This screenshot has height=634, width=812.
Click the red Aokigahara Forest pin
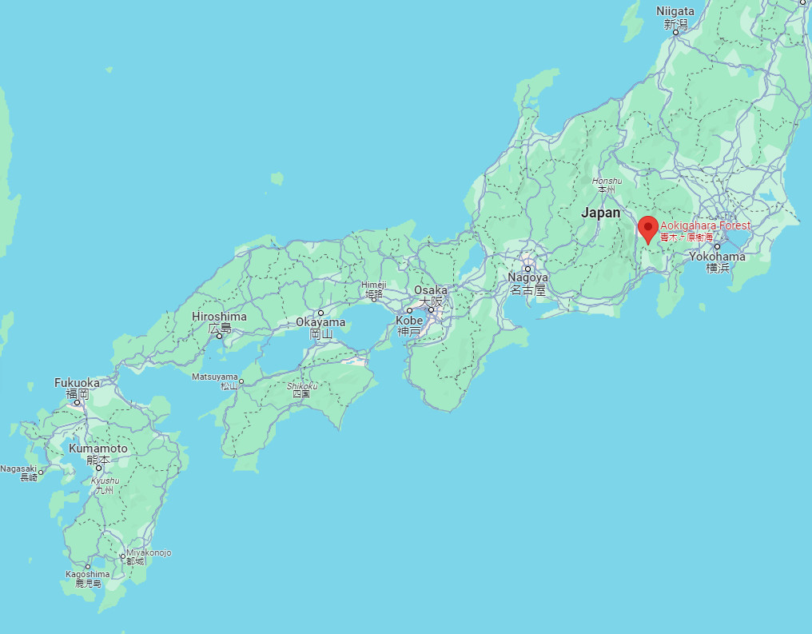pyautogui.click(x=648, y=229)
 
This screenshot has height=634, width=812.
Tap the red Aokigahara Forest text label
pyautogui.click(x=705, y=226)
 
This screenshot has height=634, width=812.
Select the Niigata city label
pyautogui.click(x=675, y=11)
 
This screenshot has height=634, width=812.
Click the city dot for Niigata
pyautogui.click(x=675, y=32)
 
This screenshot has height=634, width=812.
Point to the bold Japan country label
pyautogui.click(x=600, y=213)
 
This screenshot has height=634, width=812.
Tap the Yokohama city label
pyautogui.click(x=718, y=257)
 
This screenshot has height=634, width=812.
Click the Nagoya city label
pyautogui.click(x=527, y=278)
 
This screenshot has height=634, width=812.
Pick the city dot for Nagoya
pyautogui.click(x=527, y=269)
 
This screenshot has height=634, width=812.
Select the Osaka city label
pyautogui.click(x=431, y=290)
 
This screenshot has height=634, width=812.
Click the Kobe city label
pyautogui.click(x=408, y=321)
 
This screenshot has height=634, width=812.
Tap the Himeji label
pyautogui.click(x=373, y=285)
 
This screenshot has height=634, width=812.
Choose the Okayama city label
pyautogui.click(x=320, y=323)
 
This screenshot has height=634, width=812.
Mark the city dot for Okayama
pyautogui.click(x=320, y=313)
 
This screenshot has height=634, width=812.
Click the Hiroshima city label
pyautogui.click(x=219, y=317)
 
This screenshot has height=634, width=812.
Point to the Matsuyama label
pyautogui.click(x=215, y=377)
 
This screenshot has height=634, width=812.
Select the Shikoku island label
pyautogui.click(x=302, y=386)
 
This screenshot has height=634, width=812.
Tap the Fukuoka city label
pyautogui.click(x=77, y=383)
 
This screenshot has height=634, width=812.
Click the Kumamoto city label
pyautogui.click(x=98, y=449)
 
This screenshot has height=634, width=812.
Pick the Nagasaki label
pyautogui.click(x=19, y=469)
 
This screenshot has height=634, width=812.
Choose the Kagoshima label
pyautogui.click(x=88, y=574)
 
